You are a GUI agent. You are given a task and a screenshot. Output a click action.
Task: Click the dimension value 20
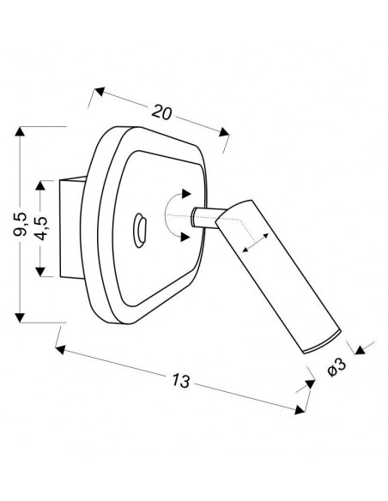pyautogui.click(x=161, y=112)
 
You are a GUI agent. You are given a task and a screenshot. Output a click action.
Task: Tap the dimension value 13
pyautogui.click(x=181, y=381)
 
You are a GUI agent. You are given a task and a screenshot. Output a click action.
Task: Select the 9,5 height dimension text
pyautogui.click(x=21, y=224)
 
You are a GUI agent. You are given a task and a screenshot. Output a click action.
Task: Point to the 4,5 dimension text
pyautogui.click(x=41, y=228)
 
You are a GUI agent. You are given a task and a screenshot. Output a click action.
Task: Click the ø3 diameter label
pyautogui.click(x=337, y=367)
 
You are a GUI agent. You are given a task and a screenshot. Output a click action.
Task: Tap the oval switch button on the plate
pyautogui.click(x=140, y=230)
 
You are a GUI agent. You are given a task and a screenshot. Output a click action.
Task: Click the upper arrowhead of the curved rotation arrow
pyautogui.click(x=185, y=194)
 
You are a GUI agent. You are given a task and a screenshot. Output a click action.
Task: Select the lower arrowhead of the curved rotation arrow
pyautogui.click(x=185, y=237)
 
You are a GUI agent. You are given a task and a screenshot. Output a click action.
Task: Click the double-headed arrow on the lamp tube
pyautogui.click(x=255, y=243)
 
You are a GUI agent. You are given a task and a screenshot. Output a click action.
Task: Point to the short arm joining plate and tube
pyautogui.click(x=209, y=218)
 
